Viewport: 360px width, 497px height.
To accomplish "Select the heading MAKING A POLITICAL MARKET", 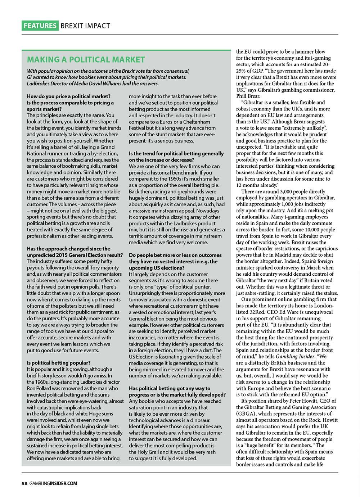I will point(86,59).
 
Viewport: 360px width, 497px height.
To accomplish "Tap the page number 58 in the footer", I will point(24,483).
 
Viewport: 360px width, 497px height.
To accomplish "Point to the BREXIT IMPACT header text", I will point(85,26).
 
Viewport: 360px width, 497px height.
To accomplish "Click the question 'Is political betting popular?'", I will point(59,362).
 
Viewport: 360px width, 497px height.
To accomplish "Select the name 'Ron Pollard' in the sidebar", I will point(39,388).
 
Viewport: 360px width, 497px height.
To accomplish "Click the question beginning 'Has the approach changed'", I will point(69,249).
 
